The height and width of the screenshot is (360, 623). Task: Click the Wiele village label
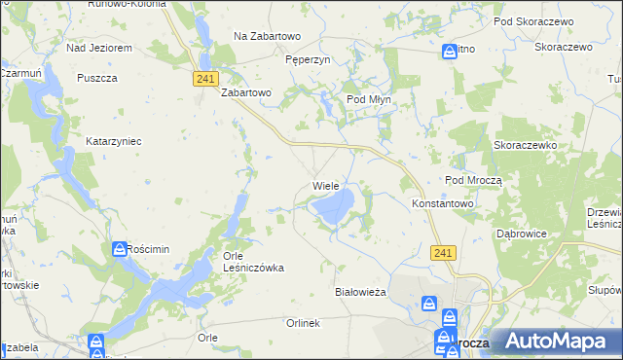[325, 185]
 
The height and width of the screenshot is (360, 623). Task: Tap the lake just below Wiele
[335, 206]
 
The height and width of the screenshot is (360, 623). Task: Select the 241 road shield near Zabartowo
[204, 79]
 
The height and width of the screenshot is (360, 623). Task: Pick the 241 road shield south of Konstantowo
[442, 252]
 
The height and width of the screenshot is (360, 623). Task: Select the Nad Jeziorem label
[98, 47]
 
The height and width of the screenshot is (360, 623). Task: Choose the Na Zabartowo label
[268, 36]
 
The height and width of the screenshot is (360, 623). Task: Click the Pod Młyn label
[369, 99]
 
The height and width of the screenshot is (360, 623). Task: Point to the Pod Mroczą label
[473, 180]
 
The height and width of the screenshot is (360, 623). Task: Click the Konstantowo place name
[442, 204]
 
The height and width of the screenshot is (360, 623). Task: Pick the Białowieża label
[361, 292]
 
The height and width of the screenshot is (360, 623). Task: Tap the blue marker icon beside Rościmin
[120, 249]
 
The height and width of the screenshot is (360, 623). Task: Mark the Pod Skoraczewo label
[531, 20]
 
